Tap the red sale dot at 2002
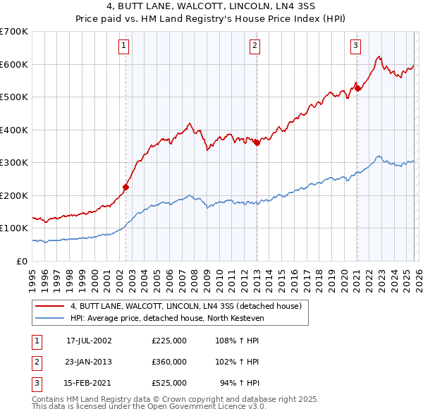[126, 187]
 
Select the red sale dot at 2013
[257, 142]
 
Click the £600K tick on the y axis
[14, 64]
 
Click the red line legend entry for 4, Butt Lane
[186, 306]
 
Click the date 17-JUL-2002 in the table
[89, 340]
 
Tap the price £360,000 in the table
[169, 361]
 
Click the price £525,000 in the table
[169, 383]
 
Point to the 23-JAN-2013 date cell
[89, 361]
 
